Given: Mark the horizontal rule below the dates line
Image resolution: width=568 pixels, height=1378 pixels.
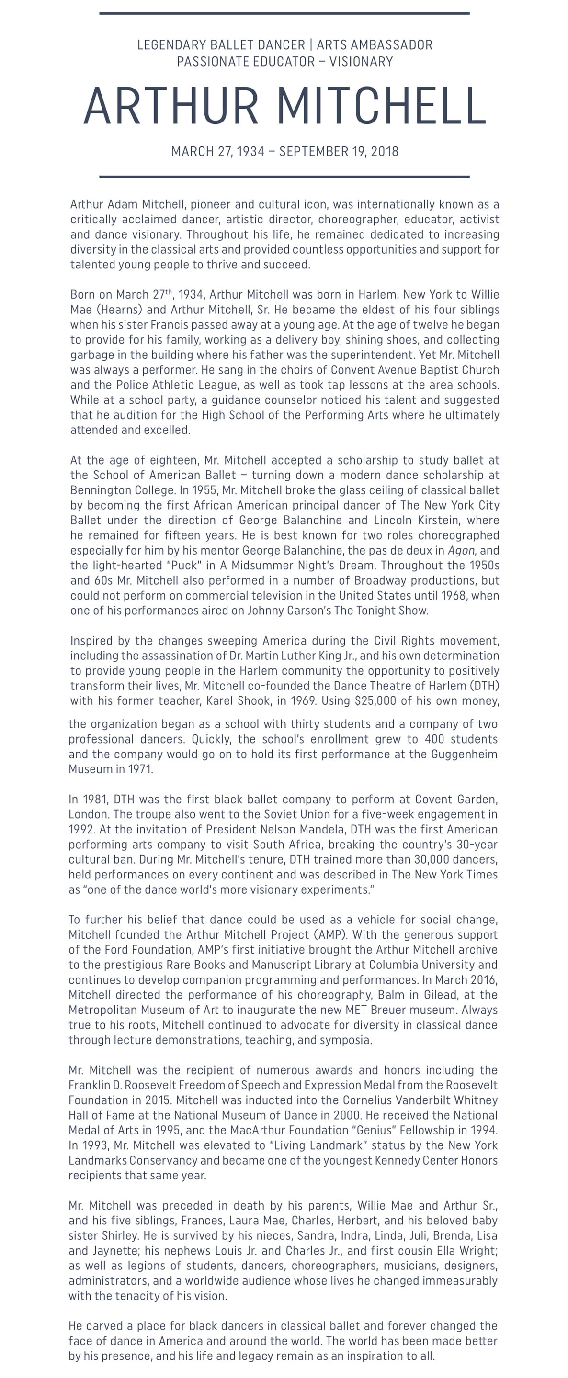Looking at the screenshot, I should [x=284, y=177].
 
